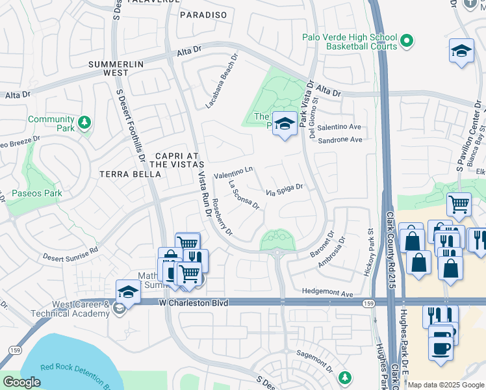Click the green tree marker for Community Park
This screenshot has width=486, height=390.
coord(84,122)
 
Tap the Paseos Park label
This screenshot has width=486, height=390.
coord(37,193)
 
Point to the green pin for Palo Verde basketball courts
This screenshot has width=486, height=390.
coord(407,42)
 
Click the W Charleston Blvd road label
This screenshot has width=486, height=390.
coord(194,302)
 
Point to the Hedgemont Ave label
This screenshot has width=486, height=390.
coord(329,292)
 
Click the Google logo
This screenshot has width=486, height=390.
coord(21,382)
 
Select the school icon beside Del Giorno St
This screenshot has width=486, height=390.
coord(284,123)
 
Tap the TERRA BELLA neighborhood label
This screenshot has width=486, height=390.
coord(130,174)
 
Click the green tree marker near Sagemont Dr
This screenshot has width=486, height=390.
coord(345,377)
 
